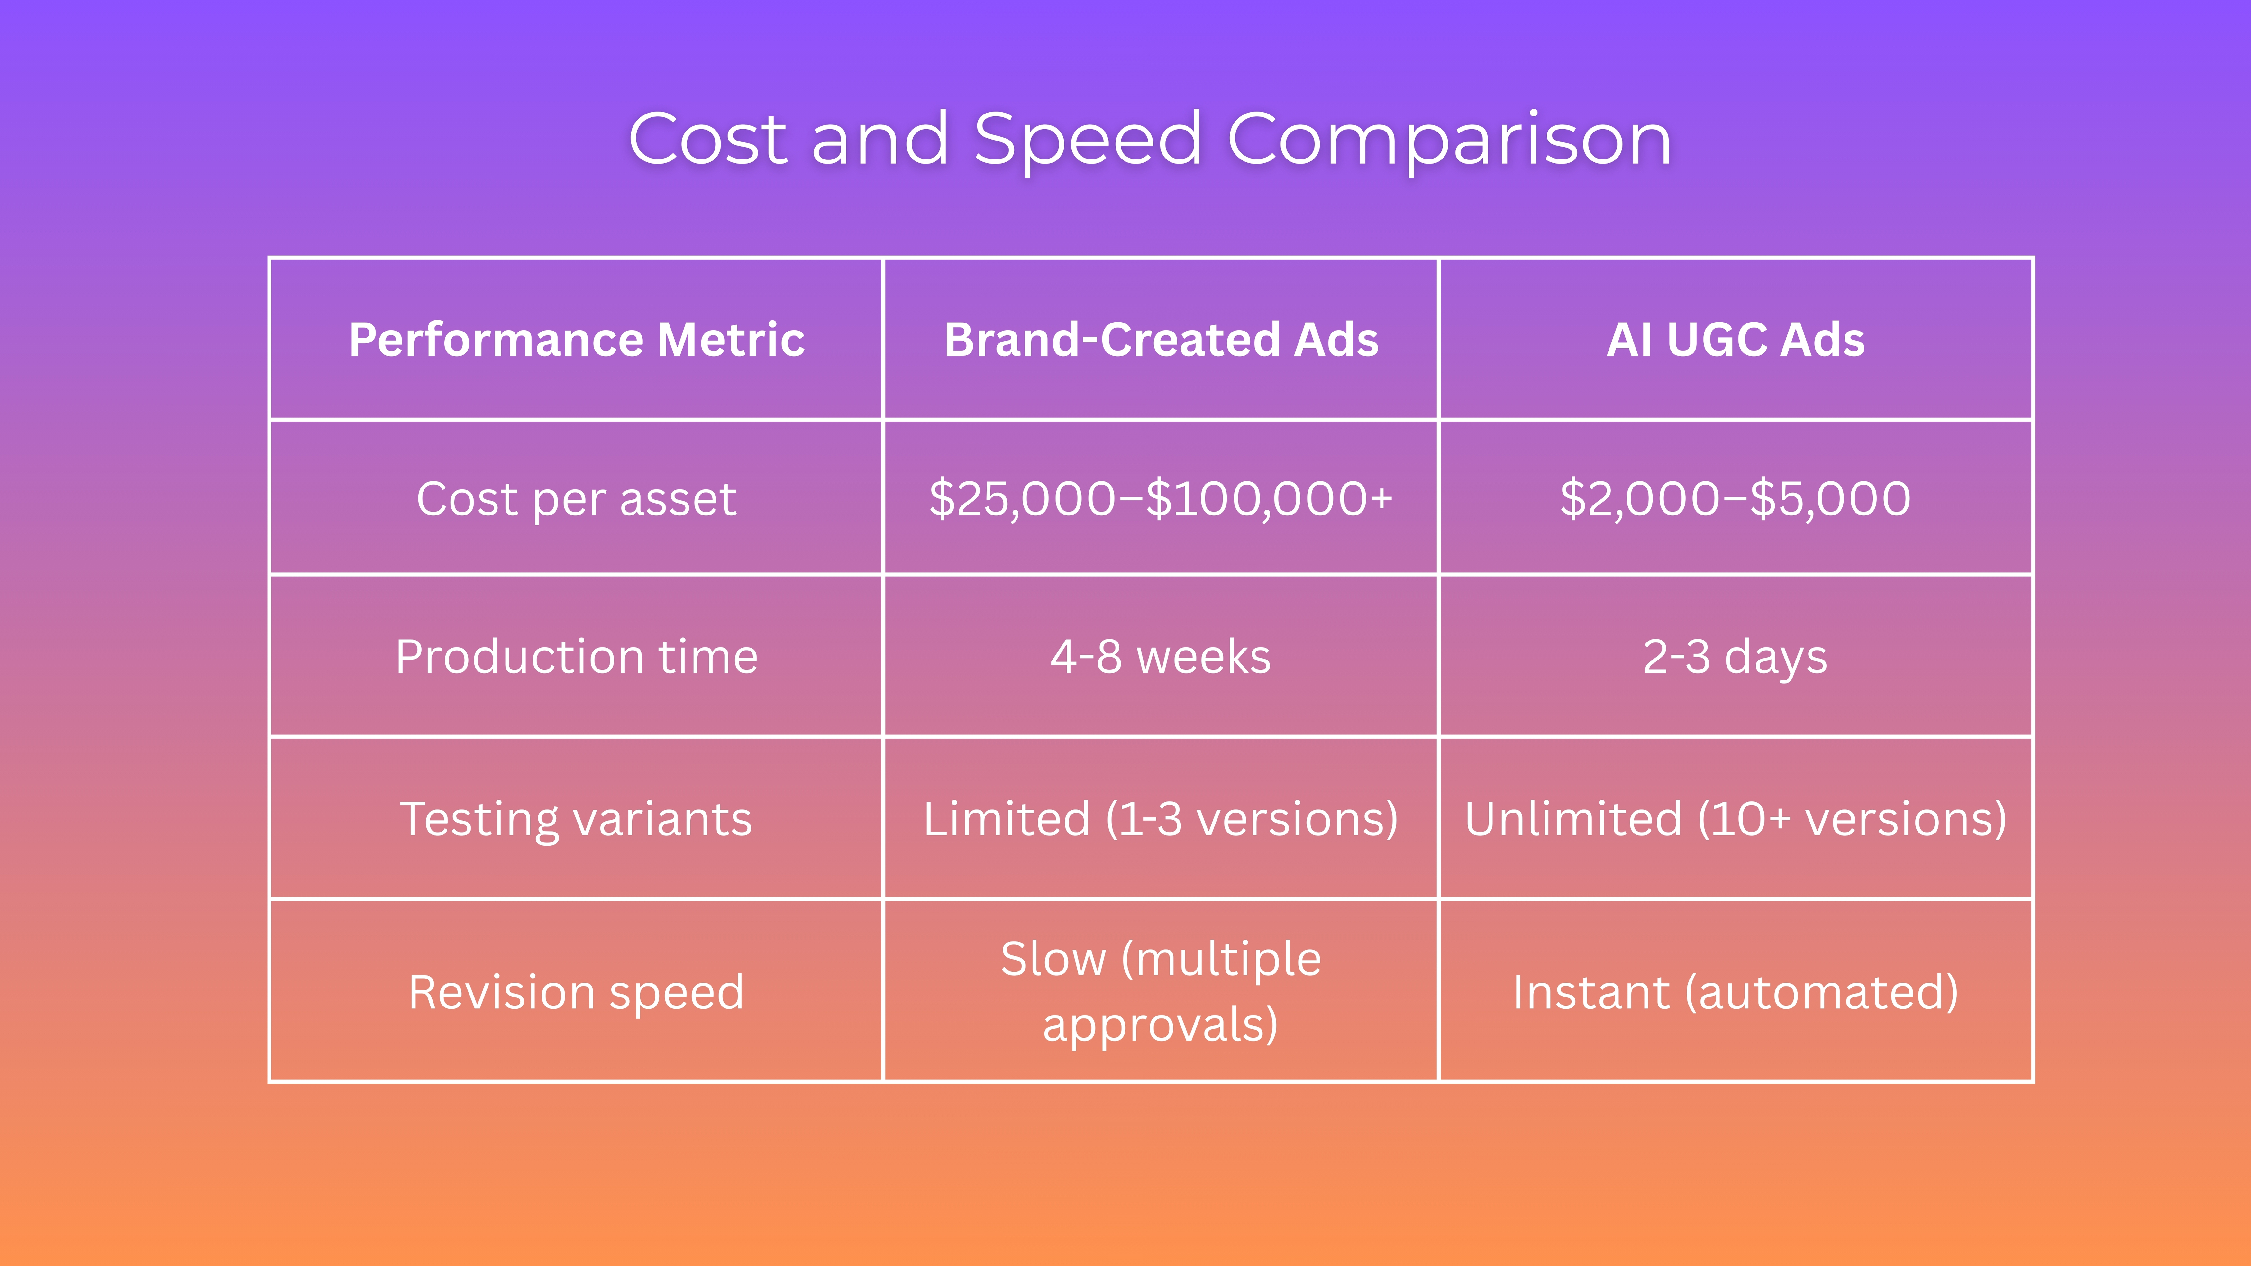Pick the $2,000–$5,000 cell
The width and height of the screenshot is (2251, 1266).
tap(1736, 499)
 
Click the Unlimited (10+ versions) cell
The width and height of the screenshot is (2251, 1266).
tap(1736, 820)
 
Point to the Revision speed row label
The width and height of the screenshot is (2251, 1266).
tap(577, 993)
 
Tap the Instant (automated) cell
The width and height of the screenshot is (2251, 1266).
tap(1736, 993)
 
